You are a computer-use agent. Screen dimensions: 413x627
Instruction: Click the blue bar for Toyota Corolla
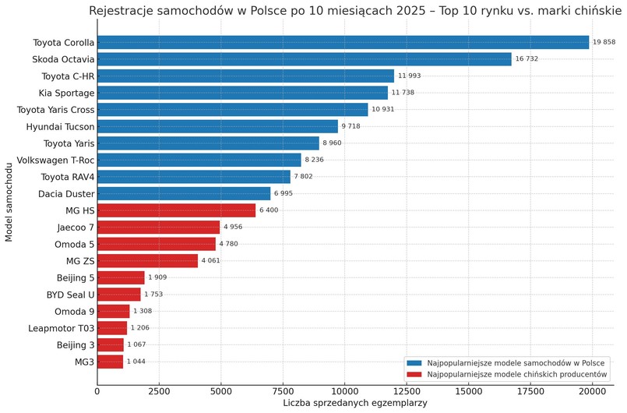[x=343, y=42]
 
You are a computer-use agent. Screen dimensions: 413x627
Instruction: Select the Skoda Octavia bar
[x=304, y=59]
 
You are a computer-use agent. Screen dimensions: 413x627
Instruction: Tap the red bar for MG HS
[x=176, y=210]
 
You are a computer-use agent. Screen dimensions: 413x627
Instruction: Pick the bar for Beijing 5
[x=121, y=277]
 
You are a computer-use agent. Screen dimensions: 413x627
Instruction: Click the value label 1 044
[x=136, y=362]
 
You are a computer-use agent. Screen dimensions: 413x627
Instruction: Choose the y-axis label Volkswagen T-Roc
[x=54, y=160]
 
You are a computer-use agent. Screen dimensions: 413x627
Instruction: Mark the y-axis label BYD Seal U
[x=65, y=295]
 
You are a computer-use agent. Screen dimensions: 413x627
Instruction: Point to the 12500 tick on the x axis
[x=406, y=393]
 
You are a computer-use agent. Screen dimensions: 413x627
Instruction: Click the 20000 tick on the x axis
[x=592, y=393]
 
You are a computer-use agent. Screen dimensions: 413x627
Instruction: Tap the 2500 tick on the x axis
[x=159, y=393]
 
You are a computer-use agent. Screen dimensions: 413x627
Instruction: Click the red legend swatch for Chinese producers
[x=414, y=375]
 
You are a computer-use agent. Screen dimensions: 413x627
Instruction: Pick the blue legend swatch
[x=414, y=363]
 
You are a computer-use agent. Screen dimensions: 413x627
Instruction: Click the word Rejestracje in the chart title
[x=122, y=11]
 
